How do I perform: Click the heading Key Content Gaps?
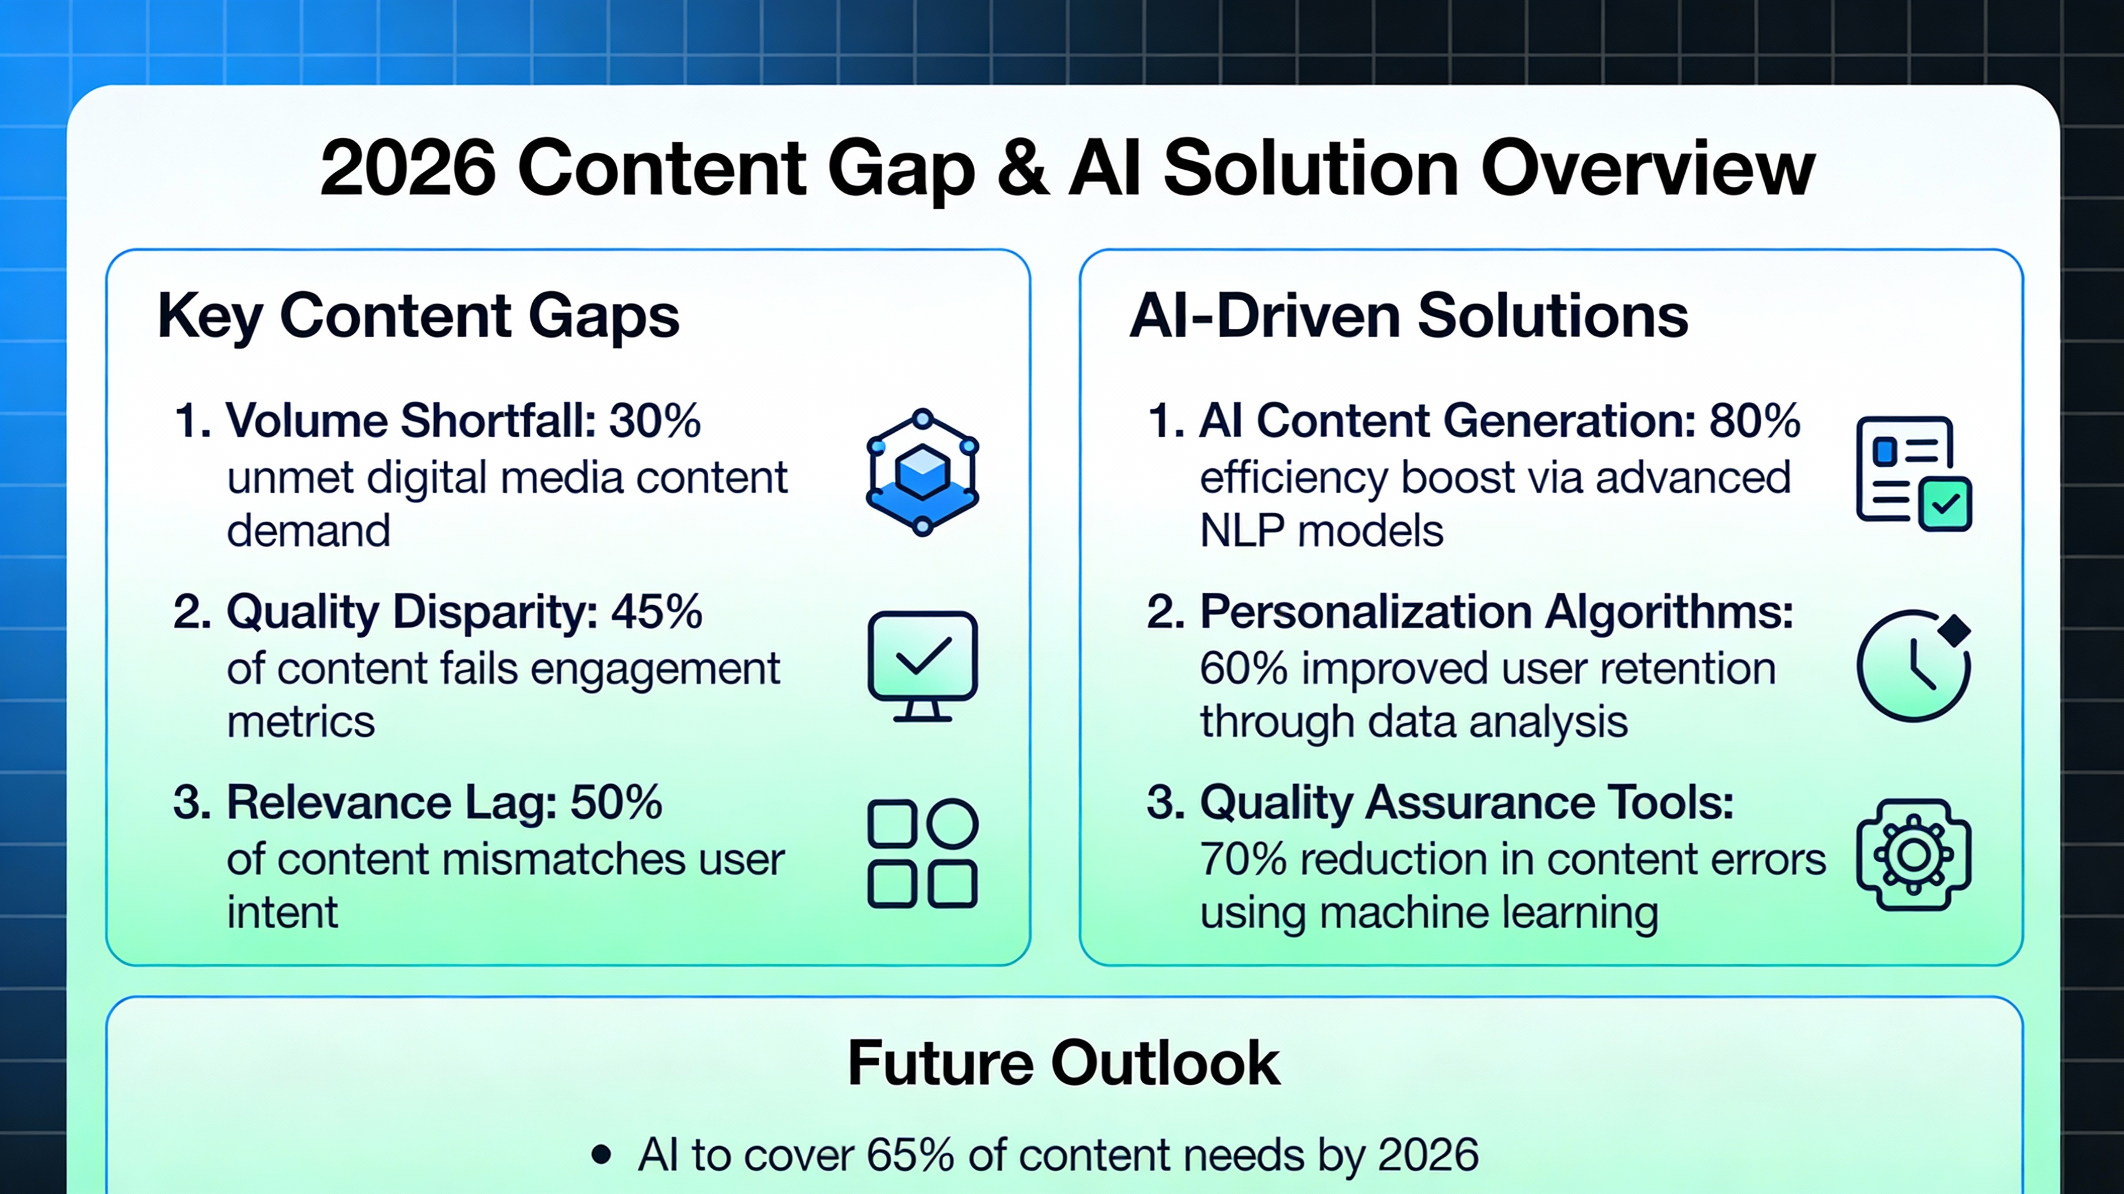[418, 316]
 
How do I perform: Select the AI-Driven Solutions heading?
[1408, 316]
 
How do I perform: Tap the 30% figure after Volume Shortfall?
[655, 422]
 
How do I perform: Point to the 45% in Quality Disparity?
[657, 612]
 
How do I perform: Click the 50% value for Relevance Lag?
[616, 802]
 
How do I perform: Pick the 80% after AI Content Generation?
[1755, 422]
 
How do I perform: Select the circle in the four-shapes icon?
[953, 824]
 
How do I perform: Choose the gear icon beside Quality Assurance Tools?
[1913, 855]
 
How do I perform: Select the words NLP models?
[1321, 531]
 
